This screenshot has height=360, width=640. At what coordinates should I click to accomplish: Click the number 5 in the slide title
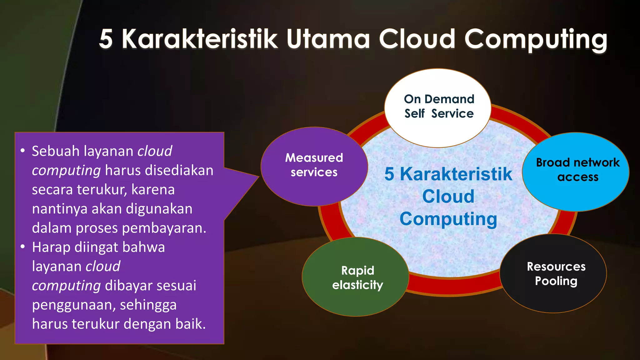pyautogui.click(x=106, y=39)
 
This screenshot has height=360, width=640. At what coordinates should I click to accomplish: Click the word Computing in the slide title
pyautogui.click(x=536, y=39)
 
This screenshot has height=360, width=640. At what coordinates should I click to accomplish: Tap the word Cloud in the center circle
pyautogui.click(x=448, y=197)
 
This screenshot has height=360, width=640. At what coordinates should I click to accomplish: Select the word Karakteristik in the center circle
pyautogui.click(x=456, y=174)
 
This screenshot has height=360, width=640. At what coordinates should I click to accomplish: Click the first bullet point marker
pyautogui.click(x=22, y=151)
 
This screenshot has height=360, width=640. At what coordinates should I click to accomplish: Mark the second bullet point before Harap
pyautogui.click(x=22, y=247)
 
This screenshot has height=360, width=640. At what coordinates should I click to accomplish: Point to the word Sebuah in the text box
pyautogui.click(x=56, y=151)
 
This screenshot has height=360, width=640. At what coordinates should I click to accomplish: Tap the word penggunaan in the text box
pyautogui.click(x=72, y=305)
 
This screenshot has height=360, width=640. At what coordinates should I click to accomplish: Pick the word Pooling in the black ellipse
pyautogui.click(x=556, y=281)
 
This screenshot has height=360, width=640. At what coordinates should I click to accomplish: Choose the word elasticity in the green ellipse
pyautogui.click(x=357, y=285)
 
